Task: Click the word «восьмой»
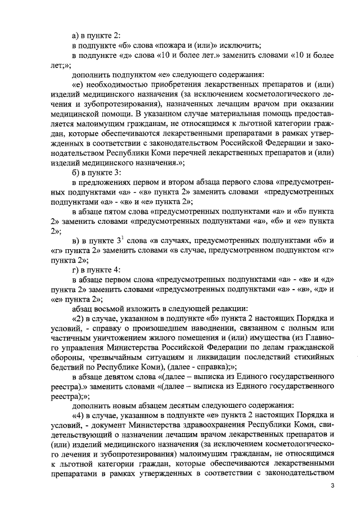[111, 308]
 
